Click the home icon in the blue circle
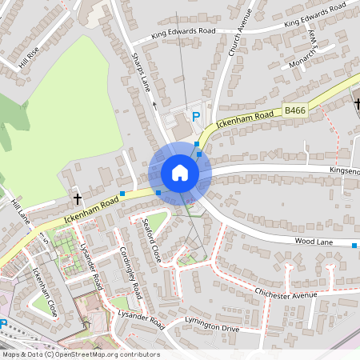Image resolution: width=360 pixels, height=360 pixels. click(x=179, y=173)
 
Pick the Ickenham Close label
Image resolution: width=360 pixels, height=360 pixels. click(x=44, y=292)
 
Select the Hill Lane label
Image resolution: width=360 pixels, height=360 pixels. click(x=20, y=213)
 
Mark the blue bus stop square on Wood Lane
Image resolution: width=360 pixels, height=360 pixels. click(x=354, y=245)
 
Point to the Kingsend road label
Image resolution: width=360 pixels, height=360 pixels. click(x=345, y=170)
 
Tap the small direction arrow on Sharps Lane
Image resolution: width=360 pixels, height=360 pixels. click(x=154, y=103)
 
